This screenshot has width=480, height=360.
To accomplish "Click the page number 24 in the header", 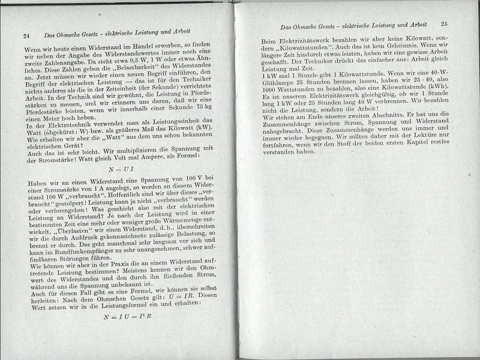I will [26, 36].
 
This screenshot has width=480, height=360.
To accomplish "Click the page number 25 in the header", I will [444, 25].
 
